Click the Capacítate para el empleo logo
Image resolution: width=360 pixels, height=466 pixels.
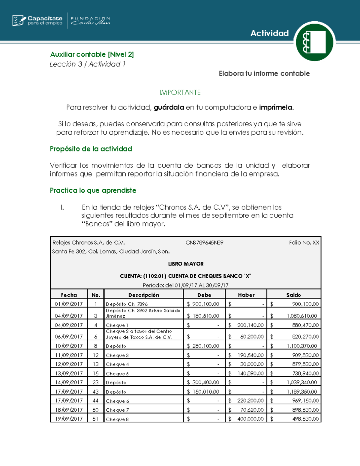37,20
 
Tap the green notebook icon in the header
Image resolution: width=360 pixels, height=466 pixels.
314,42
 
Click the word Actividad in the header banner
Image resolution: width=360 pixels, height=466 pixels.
269,33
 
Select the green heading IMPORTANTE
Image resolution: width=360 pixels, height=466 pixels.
180,92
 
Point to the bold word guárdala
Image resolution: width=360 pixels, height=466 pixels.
169,107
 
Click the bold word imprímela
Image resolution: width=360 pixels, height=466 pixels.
276,107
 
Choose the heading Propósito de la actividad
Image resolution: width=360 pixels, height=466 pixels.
91,149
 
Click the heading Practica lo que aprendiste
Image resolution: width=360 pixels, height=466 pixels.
93,190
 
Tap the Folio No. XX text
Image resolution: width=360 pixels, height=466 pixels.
304,242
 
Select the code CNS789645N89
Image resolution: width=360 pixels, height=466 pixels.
204,242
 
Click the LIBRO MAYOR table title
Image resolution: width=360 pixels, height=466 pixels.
186,264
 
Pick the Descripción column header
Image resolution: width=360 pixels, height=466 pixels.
144,295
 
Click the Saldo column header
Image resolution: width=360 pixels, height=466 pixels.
293,295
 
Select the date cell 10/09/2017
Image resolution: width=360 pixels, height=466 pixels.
69,346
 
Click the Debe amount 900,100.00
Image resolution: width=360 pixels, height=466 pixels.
205,304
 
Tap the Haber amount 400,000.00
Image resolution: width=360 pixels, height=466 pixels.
250,419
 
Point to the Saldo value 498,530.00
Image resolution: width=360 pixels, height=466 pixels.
305,419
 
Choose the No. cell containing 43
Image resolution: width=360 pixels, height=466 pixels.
96,392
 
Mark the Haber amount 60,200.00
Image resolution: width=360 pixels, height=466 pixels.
252,337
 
